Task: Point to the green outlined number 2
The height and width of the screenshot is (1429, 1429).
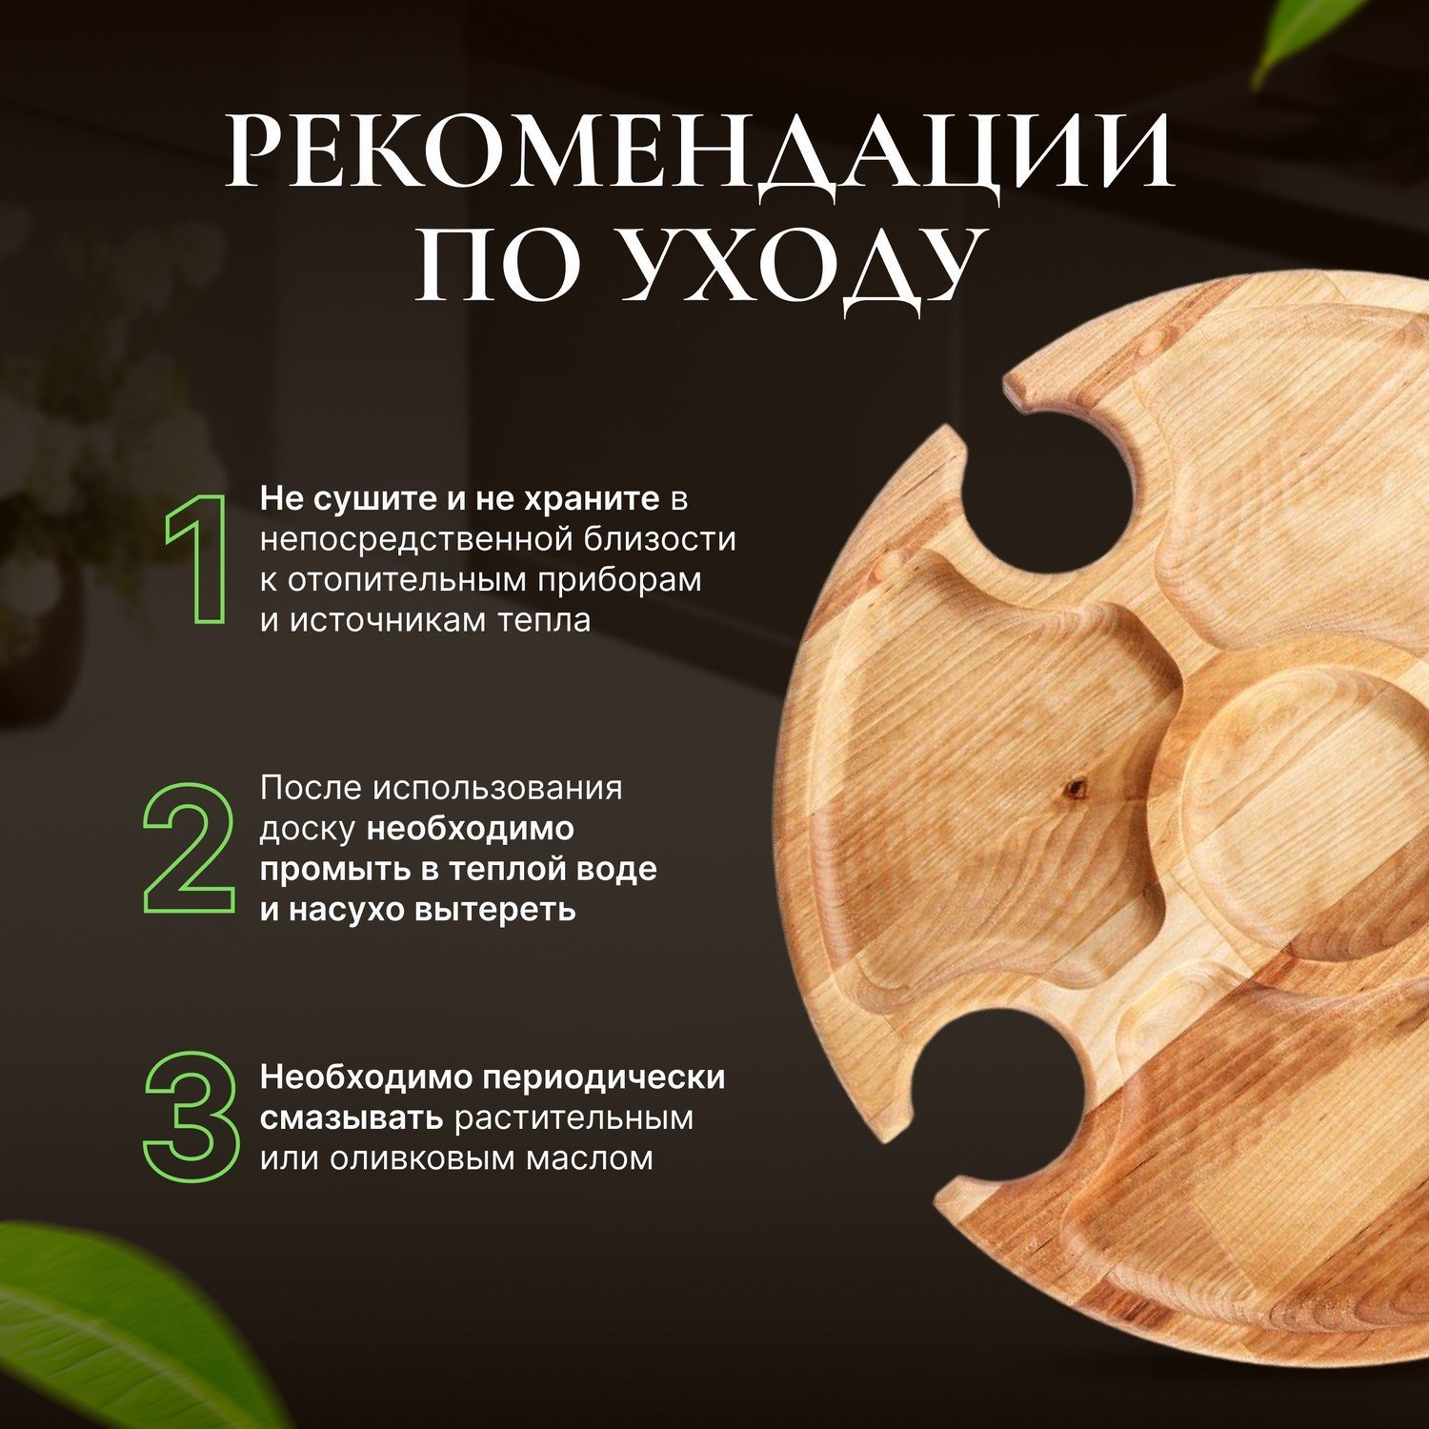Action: pyautogui.click(x=190, y=848)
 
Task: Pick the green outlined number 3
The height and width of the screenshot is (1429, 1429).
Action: pyautogui.click(x=191, y=1117)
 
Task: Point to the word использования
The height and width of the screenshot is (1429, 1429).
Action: pyautogui.click(x=497, y=789)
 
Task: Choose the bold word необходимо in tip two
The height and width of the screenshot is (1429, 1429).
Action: pyautogui.click(x=471, y=830)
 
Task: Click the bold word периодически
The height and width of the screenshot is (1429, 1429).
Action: pyautogui.click(x=603, y=1078)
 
